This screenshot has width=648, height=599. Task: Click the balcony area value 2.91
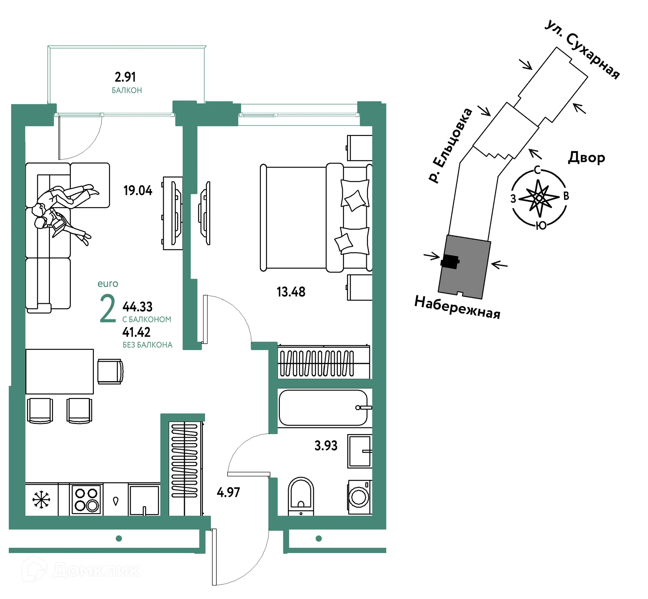coord(125,77)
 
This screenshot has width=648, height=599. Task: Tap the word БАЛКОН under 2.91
coord(127,90)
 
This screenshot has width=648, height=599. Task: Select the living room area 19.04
coord(138,191)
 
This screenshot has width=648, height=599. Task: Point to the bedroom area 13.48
coord(291,292)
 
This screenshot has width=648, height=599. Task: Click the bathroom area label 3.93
coord(326,446)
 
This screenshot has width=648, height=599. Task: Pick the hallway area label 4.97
coord(228,492)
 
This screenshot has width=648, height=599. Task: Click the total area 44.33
coord(137,307)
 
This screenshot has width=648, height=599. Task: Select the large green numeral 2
coord(108,309)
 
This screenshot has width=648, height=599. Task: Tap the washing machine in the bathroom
coord(360,497)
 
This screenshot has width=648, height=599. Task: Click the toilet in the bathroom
coord(301,496)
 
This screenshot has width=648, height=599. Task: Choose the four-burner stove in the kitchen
coord(86,500)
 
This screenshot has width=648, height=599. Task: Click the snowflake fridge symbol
coord(41,500)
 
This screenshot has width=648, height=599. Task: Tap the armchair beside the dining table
coord(110,371)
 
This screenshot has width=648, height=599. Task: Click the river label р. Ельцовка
coord(450,146)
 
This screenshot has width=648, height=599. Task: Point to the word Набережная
coord(457,307)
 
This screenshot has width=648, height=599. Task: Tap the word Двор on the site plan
coord(587,158)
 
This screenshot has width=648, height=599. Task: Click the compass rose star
coord(539,198)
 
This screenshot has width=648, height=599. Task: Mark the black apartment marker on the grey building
coord(450,261)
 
